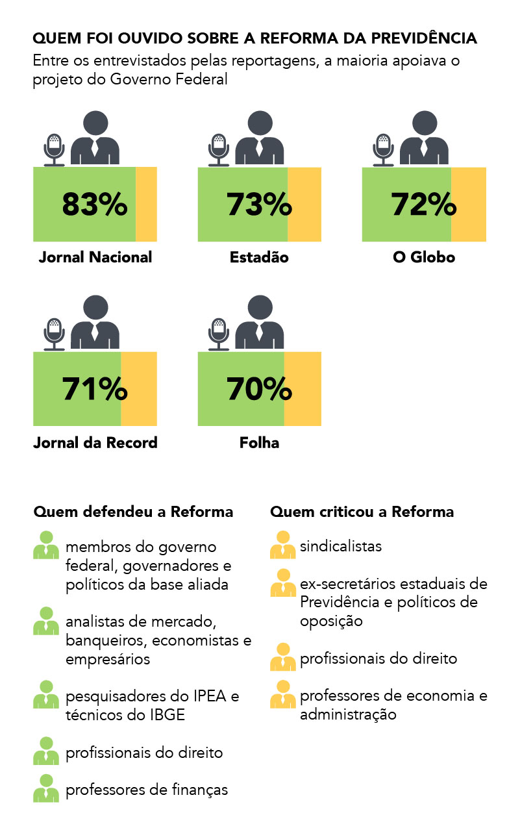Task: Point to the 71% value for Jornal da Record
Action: pos(95,389)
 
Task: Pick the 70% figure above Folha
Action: pos(259,389)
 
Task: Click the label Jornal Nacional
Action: pos(95,257)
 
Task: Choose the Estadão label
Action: pos(259,257)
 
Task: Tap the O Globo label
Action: pos(424,257)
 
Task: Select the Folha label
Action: pos(259,443)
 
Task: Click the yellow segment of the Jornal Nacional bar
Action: pos(146,204)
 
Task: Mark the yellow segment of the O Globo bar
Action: pos(469,204)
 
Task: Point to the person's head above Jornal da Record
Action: pos(95,308)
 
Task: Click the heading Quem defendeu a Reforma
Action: pos(133,512)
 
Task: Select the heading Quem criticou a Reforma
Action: pos(362,512)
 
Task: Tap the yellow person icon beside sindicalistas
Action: pos(282,546)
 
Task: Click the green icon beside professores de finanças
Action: pos(46,788)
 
